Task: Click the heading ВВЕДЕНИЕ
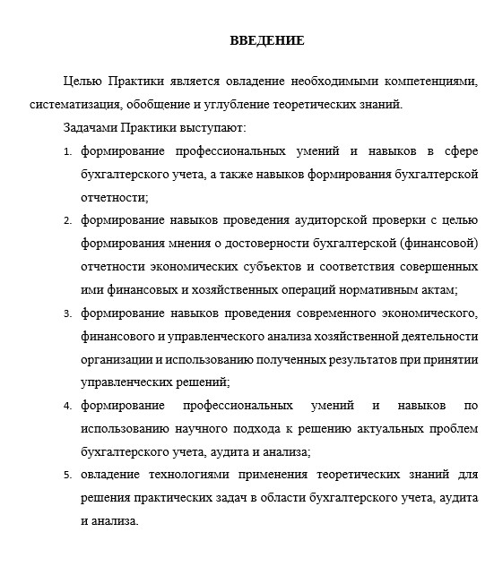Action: coord(266,40)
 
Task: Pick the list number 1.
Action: coord(67,150)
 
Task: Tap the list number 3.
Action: coord(67,313)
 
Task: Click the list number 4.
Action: coord(67,407)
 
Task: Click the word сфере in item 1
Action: coord(455,150)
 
